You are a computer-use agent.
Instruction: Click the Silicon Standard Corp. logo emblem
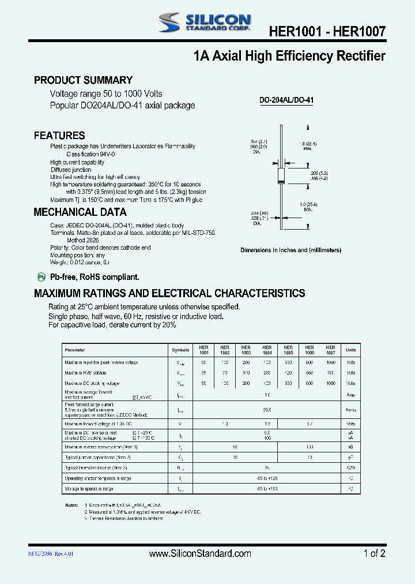point(171,23)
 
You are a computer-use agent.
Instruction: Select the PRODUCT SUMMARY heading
point(83,80)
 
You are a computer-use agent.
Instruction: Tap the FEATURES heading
point(59,136)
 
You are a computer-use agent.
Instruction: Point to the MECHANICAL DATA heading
point(80,212)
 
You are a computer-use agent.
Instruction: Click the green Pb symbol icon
point(41,277)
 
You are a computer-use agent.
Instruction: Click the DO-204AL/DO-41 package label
point(286,100)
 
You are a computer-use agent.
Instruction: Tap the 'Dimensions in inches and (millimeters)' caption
point(290,250)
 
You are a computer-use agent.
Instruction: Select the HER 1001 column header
point(203,350)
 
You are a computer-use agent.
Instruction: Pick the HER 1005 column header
point(288,350)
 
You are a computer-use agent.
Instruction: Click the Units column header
point(350,350)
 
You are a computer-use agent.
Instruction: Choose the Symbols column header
point(180,350)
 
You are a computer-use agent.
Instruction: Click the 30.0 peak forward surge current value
point(267,410)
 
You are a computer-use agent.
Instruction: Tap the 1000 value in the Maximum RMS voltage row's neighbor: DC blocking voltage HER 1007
point(330,383)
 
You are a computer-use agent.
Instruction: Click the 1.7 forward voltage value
point(310,424)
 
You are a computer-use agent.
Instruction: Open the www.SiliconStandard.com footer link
point(200,553)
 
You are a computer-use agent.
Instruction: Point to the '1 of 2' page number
point(375,553)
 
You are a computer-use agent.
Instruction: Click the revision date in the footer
point(51,553)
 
